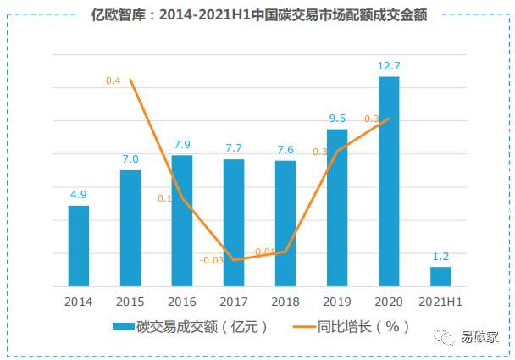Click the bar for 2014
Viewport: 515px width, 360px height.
click(79, 246)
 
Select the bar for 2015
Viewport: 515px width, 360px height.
click(130, 228)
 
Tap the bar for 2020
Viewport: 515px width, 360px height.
click(389, 181)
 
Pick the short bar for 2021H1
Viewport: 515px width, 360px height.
click(440, 276)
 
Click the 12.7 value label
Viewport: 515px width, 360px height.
click(389, 64)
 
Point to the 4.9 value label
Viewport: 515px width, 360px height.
click(79, 194)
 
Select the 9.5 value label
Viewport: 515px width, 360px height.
click(337, 118)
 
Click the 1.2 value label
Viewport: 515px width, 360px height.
click(440, 255)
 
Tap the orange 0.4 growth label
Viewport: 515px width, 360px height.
click(113, 80)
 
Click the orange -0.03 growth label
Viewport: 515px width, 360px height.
click(212, 260)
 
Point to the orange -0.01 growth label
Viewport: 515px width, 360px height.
click(263, 252)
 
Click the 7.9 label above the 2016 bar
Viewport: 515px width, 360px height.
click(182, 144)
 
